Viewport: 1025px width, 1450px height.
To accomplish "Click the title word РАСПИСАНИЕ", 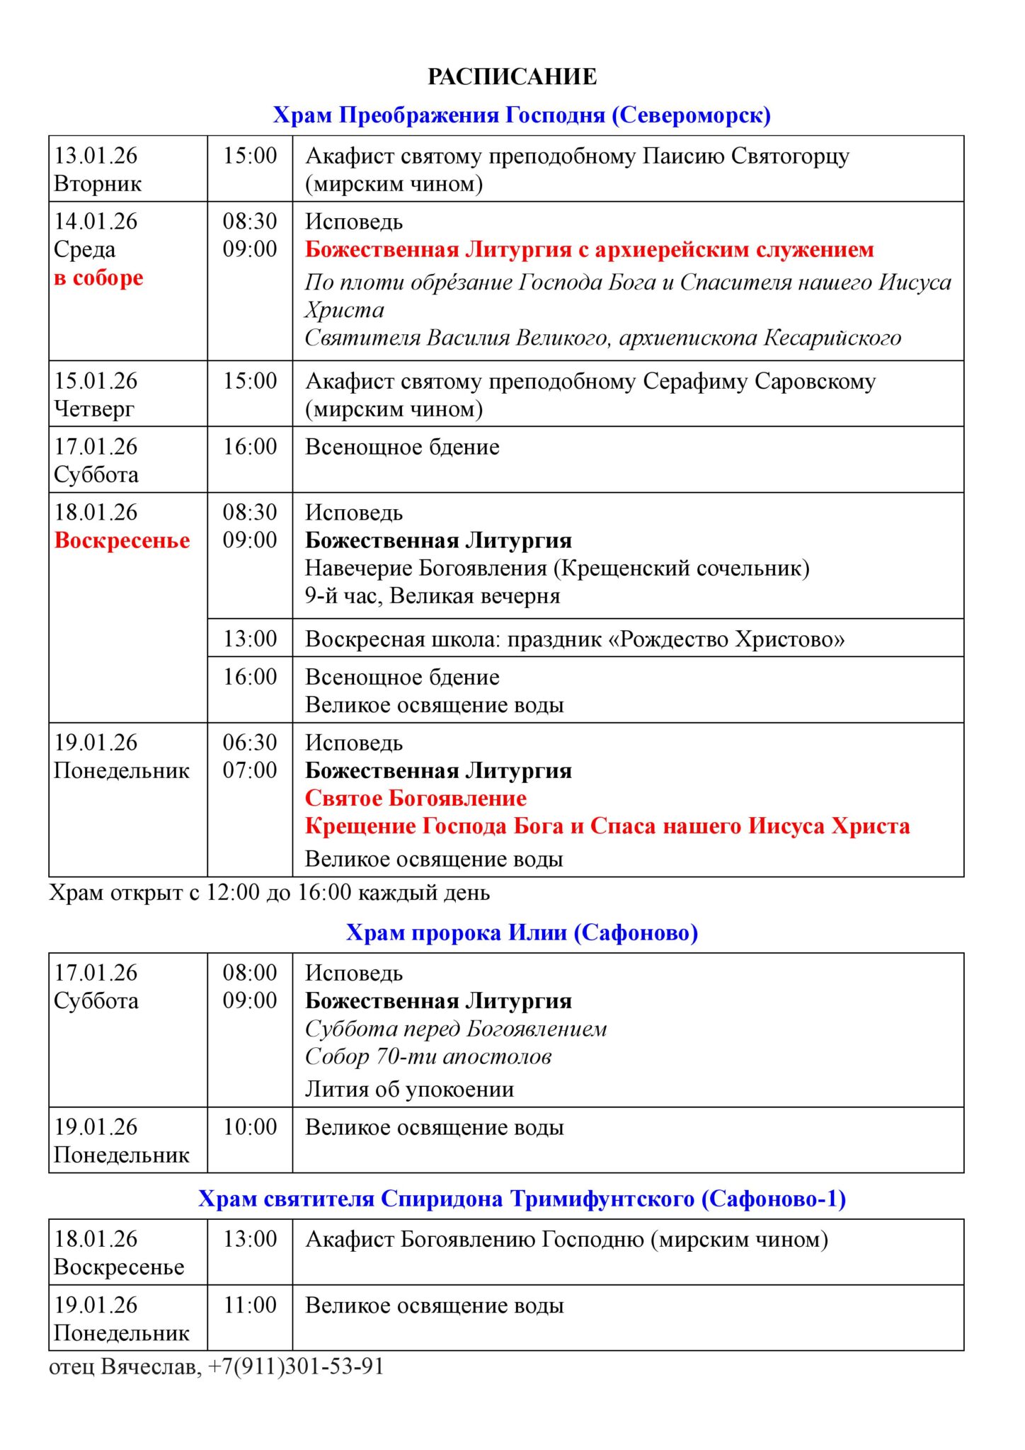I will click(512, 76).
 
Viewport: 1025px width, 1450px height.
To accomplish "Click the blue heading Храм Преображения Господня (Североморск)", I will click(522, 115).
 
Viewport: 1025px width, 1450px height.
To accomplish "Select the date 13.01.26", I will click(96, 156).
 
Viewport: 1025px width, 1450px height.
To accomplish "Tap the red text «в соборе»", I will click(98, 278).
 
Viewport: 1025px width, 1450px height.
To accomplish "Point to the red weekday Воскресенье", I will click(122, 540).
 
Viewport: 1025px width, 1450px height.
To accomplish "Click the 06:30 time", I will click(250, 742).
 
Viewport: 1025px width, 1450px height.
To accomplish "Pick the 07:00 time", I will click(250, 770).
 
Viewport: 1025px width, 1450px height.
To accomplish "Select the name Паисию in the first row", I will click(683, 156).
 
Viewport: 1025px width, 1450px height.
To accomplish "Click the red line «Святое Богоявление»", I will click(416, 798).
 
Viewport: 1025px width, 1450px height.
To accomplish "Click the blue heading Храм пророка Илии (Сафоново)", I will click(522, 932).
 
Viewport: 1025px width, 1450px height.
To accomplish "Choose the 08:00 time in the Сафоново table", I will click(250, 972).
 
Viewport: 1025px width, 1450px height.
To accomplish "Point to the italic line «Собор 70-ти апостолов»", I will click(428, 1056).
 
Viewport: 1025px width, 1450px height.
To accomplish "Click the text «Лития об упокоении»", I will click(409, 1089).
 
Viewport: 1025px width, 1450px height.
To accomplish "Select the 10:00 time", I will click(250, 1126).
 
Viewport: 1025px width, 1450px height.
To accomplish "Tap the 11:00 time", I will click(250, 1305).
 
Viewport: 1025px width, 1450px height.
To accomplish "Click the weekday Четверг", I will click(93, 409).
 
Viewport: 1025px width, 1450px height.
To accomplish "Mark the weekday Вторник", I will click(98, 184).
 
